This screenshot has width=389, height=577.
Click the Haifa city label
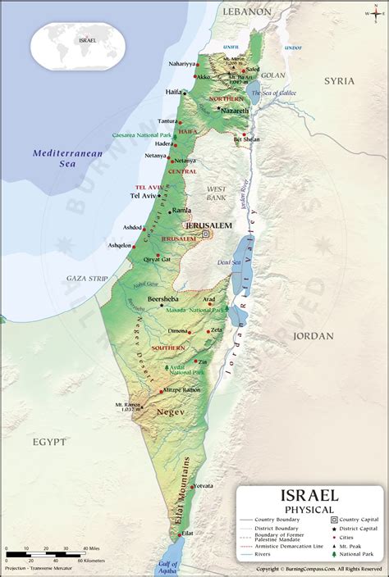pos(173,92)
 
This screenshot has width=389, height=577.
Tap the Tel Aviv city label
pos(143,196)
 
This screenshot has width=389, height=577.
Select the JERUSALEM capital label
pos(208,225)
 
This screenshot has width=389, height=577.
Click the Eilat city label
pos(186,534)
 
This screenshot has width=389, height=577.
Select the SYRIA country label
pos(339,81)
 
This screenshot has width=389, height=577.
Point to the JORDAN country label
pos(313,335)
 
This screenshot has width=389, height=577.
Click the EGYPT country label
pos(49,442)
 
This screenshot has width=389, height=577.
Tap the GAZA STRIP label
pos(87,279)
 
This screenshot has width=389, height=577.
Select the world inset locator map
pos(78,44)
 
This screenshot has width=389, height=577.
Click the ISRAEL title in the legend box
pos(309,496)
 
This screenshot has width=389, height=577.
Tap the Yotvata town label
pos(202,485)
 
